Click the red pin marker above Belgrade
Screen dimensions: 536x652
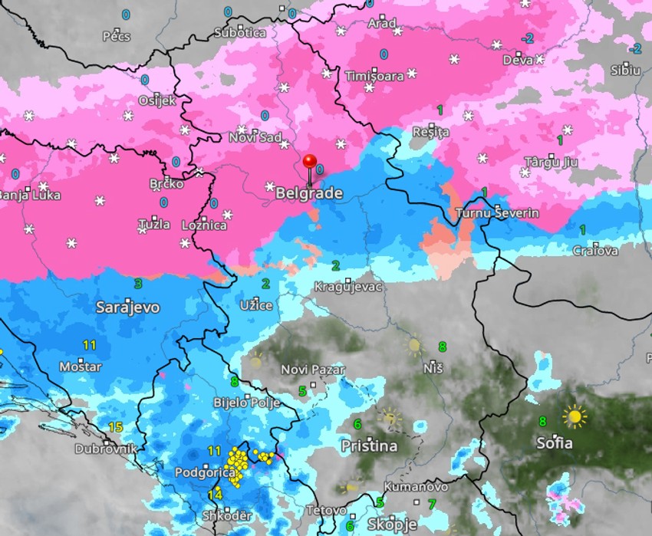[310, 162]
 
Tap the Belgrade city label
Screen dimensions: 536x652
[309, 194]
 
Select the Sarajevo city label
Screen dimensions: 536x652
[128, 307]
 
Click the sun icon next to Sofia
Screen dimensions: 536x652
[574, 416]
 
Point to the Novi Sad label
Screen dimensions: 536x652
[255, 137]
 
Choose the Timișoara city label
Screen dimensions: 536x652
[374, 76]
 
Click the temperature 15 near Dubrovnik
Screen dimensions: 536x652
[116, 427]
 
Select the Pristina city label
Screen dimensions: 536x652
[369, 446]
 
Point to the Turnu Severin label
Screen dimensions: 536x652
[497, 213]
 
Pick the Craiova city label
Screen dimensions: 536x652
[595, 251]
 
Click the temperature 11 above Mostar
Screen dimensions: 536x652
[90, 345]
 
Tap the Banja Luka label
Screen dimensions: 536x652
[29, 195]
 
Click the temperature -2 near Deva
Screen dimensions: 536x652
[527, 38]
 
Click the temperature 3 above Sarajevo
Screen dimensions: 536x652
[138, 283]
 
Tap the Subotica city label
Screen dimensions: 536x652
[240, 33]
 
